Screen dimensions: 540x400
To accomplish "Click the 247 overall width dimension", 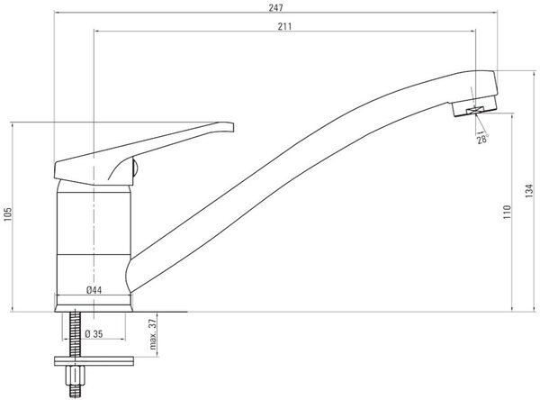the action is pos(276,7).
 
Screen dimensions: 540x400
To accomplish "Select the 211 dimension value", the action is pos(284,26).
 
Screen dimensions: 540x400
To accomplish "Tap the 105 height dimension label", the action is pos(7,214).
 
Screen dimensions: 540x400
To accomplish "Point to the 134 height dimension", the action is pos(529,191).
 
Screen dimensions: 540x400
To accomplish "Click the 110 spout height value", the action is pos(507,212).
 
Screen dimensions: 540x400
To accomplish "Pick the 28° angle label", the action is pos(482,139).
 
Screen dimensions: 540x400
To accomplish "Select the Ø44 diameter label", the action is pos(94,290).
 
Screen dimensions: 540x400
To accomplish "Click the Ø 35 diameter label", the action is pos(94,334).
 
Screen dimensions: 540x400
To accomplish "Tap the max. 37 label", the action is pos(153,334).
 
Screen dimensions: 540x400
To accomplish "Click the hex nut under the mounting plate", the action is pos(76,375).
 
